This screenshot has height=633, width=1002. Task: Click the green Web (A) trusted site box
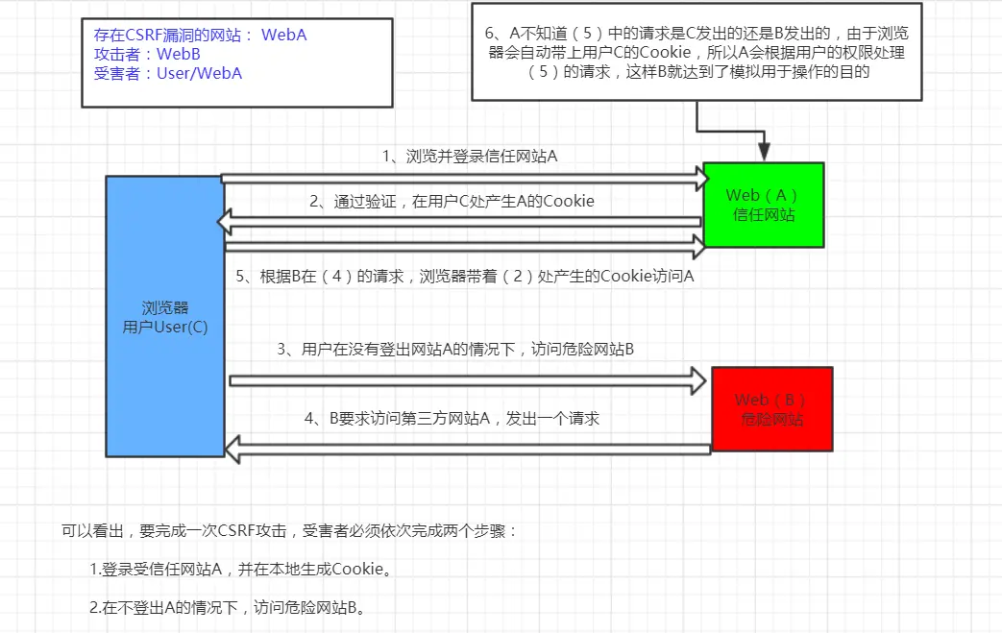(764, 205)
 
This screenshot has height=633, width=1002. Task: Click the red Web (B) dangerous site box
(771, 409)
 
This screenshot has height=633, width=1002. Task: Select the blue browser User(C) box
(164, 316)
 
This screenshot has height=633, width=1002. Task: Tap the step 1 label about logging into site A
(469, 156)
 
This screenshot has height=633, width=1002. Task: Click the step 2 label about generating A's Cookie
(452, 201)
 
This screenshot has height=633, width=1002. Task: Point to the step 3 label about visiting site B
(455, 350)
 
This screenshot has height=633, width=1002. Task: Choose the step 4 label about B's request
(452, 418)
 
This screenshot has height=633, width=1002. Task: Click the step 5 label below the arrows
(465, 277)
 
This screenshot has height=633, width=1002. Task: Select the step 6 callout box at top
(697, 52)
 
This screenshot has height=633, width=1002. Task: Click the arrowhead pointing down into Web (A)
(765, 151)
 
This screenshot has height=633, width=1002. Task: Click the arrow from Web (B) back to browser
(467, 446)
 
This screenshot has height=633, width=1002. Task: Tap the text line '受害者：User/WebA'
(168, 73)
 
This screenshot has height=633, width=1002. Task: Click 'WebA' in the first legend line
(283, 36)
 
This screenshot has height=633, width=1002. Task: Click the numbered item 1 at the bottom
(241, 570)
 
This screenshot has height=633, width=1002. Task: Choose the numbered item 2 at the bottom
(228, 607)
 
